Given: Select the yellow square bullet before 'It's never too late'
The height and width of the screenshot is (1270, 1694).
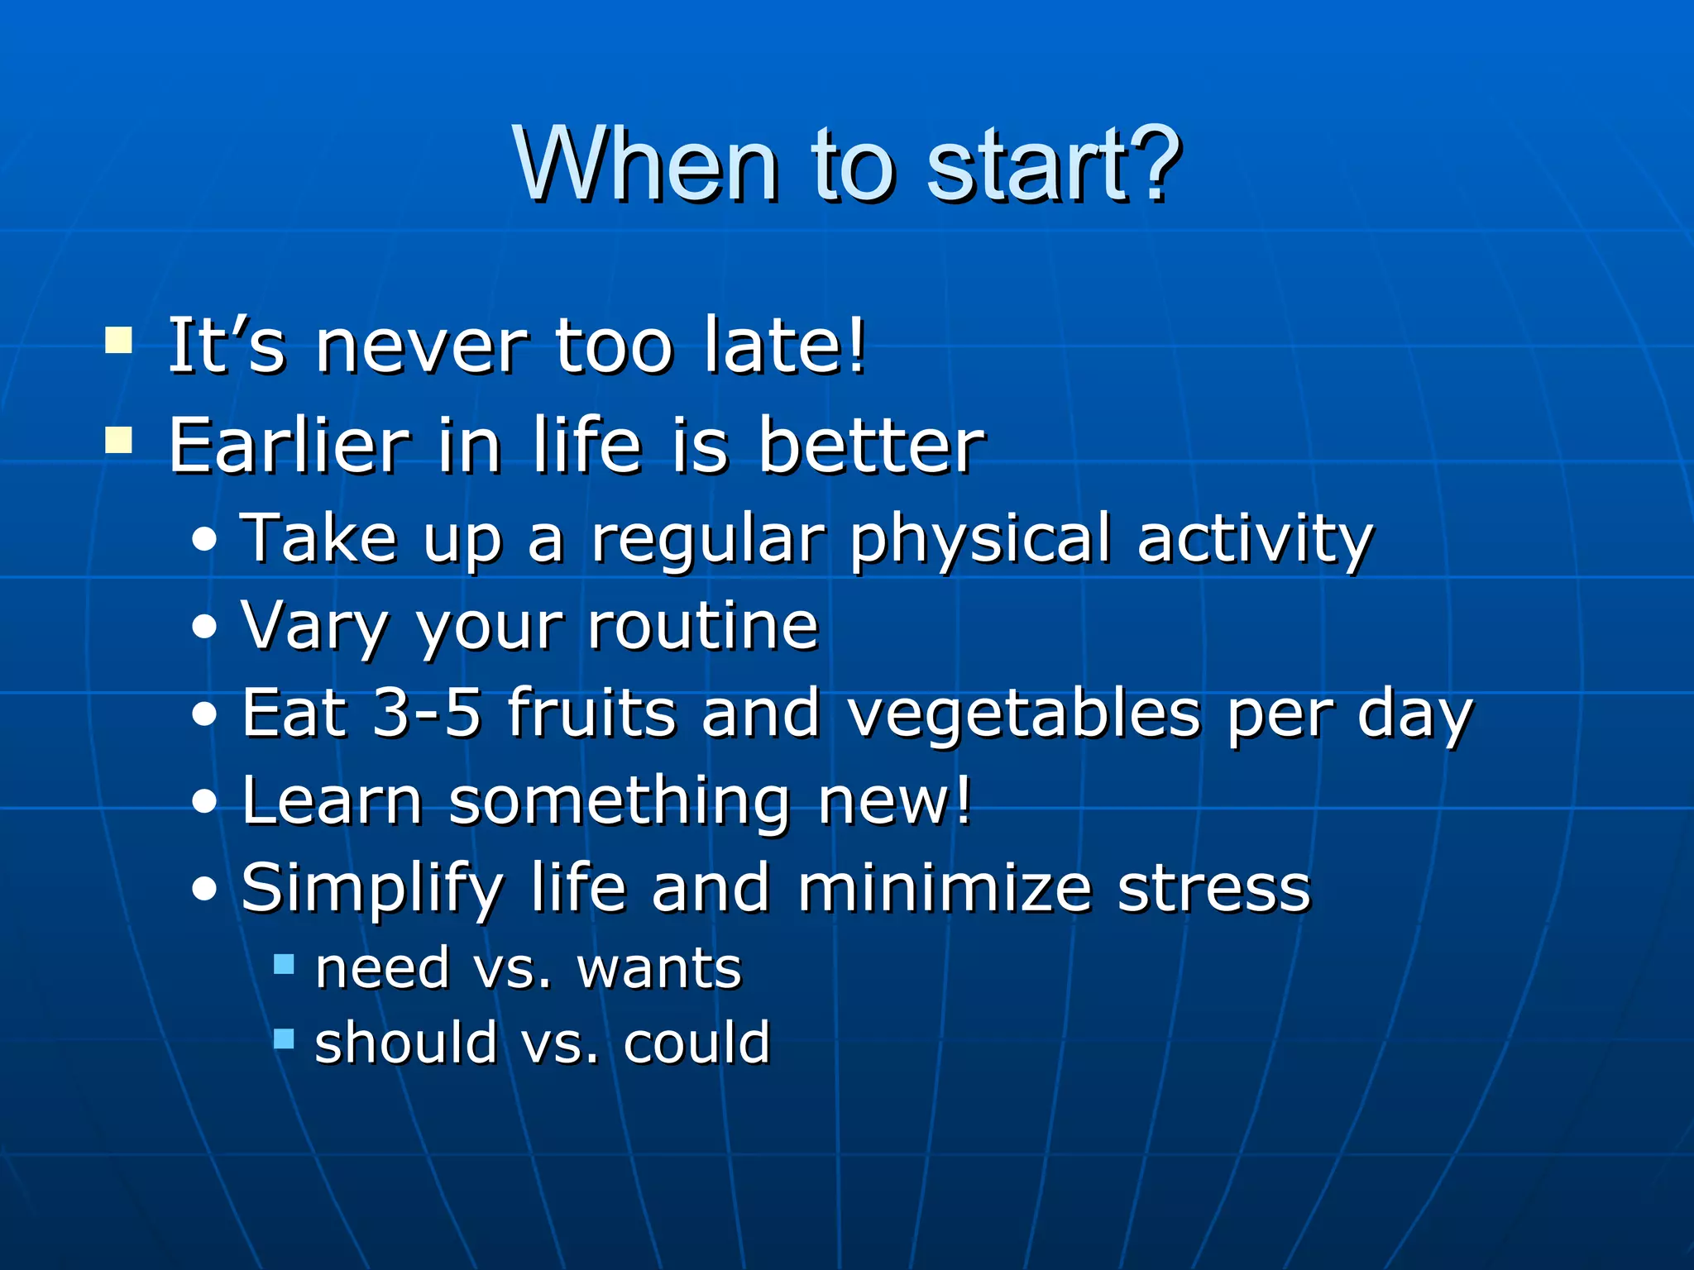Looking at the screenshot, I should (x=119, y=340).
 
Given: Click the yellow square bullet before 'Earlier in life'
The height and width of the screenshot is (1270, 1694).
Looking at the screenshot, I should (x=119, y=440).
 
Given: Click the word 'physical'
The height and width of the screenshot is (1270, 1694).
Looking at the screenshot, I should (x=980, y=539).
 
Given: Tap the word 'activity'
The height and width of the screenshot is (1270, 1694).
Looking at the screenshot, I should (x=1255, y=539).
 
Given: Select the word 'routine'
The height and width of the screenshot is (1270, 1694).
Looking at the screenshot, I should (x=702, y=626).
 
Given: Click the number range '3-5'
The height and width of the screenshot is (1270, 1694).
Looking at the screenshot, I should (x=427, y=713).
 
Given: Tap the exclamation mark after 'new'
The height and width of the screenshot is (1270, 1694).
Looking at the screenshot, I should (x=961, y=800).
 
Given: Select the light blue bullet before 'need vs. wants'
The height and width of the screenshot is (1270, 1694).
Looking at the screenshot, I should (x=284, y=964).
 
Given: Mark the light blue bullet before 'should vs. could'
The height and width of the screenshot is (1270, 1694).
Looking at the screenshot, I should (x=284, y=1038).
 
